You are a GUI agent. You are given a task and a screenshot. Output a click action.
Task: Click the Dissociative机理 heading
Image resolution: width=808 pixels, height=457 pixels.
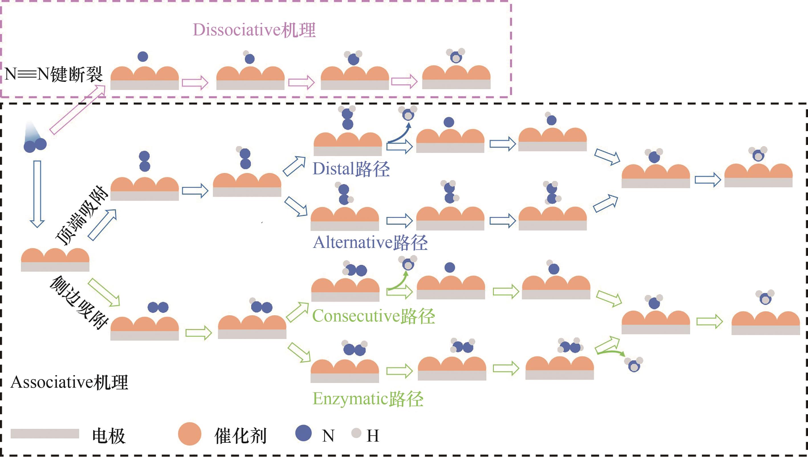254,30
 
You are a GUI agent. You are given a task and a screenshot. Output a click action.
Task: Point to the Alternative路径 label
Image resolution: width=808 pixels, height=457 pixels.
370,243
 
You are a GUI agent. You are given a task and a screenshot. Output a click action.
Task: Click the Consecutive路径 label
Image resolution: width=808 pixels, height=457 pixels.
373,316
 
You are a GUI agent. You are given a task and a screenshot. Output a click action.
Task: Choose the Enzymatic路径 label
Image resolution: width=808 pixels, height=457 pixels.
368,399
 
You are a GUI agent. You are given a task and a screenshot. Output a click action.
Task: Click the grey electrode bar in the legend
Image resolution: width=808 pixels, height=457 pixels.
44,434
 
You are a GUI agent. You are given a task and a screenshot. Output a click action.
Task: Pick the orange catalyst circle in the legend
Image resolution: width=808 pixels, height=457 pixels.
190,434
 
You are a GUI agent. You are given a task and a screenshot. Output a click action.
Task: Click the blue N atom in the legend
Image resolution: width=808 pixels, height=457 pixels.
303,433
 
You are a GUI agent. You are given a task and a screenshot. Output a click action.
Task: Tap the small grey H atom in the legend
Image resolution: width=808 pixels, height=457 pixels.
356,433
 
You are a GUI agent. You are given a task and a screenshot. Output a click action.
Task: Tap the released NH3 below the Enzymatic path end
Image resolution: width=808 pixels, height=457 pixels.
634,365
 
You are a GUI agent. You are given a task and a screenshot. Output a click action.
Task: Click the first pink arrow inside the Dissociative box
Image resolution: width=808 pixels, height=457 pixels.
195,82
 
